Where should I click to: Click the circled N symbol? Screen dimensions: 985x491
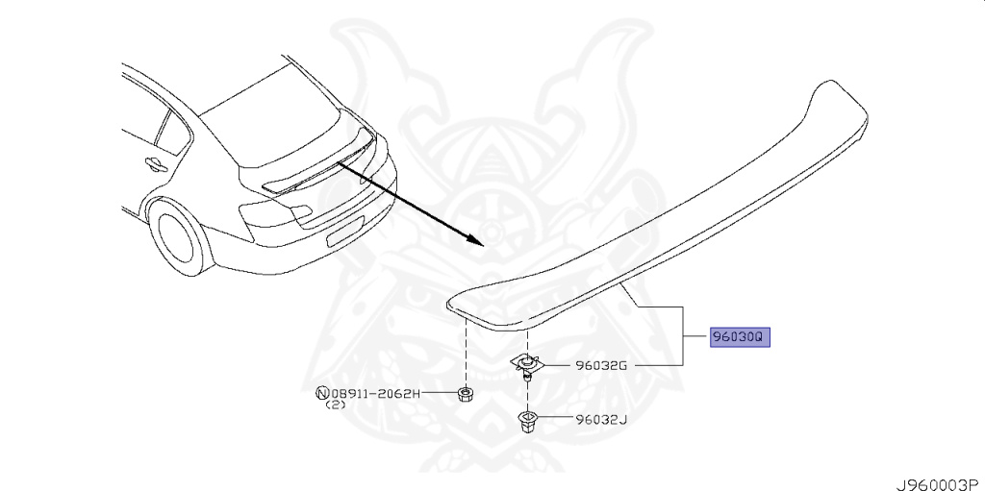[322, 394]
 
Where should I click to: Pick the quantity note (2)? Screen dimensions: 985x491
[335, 405]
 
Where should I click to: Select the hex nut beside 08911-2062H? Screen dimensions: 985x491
[465, 394]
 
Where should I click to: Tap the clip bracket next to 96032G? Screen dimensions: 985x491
[525, 363]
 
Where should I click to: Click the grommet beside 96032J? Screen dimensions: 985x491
[527, 420]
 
